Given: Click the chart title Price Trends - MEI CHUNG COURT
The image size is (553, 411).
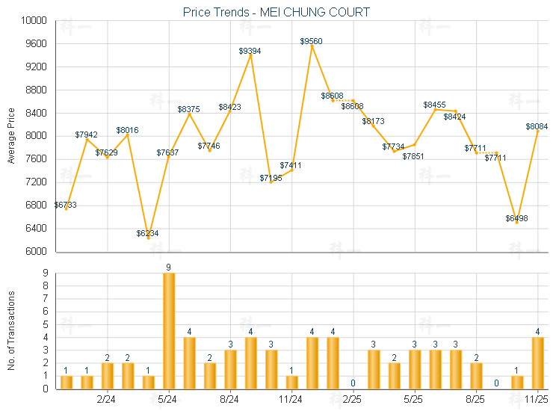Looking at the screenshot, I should click(x=276, y=13).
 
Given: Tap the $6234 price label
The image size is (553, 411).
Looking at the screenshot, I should click(x=147, y=233).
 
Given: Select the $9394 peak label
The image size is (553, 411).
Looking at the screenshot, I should click(x=250, y=51).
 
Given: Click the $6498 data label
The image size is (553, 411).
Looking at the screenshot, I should click(x=516, y=218).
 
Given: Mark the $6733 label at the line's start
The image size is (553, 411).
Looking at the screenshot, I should click(x=65, y=204).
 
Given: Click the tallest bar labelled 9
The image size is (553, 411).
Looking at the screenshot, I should click(x=169, y=330).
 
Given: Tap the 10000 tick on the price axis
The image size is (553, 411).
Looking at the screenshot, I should click(x=35, y=21).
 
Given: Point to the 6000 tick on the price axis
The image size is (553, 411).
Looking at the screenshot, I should click(x=37, y=251).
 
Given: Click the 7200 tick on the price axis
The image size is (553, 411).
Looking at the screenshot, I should click(x=37, y=182).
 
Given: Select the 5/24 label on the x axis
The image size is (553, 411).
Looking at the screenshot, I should click(x=168, y=401).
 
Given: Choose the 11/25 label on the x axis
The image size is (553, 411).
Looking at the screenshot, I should click(x=537, y=401).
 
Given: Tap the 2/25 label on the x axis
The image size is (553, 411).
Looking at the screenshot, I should click(x=352, y=401).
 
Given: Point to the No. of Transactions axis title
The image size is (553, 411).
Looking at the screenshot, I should click(x=11, y=330).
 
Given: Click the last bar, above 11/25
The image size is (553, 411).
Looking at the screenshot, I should click(x=537, y=362).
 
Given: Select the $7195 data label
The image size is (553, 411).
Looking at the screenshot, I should click(x=271, y=178).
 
